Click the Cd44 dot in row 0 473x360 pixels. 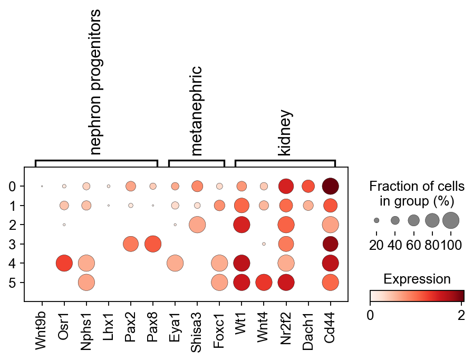pyautogui.click(x=331, y=186)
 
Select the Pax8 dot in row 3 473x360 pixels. pyautogui.click(x=153, y=244)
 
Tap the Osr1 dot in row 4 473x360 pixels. pyautogui.click(x=64, y=263)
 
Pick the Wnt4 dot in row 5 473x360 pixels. pyautogui.click(x=264, y=283)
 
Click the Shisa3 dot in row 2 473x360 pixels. pyautogui.click(x=197, y=225)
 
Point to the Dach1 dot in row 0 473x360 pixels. pyautogui.click(x=308, y=186)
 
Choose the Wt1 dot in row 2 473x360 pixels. pyautogui.click(x=242, y=225)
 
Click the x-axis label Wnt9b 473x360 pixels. pyautogui.click(x=42, y=330)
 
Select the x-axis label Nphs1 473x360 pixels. pyautogui.click(x=86, y=330)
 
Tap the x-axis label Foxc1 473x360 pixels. pyautogui.click(x=219, y=329)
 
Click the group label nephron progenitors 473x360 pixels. pyautogui.click(x=96, y=82)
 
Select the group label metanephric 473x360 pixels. pyautogui.click(x=197, y=111)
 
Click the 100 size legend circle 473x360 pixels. pyautogui.click(x=451, y=220)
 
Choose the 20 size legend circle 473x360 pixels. pyautogui.click(x=377, y=220)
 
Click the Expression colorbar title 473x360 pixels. pyautogui.click(x=417, y=279)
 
